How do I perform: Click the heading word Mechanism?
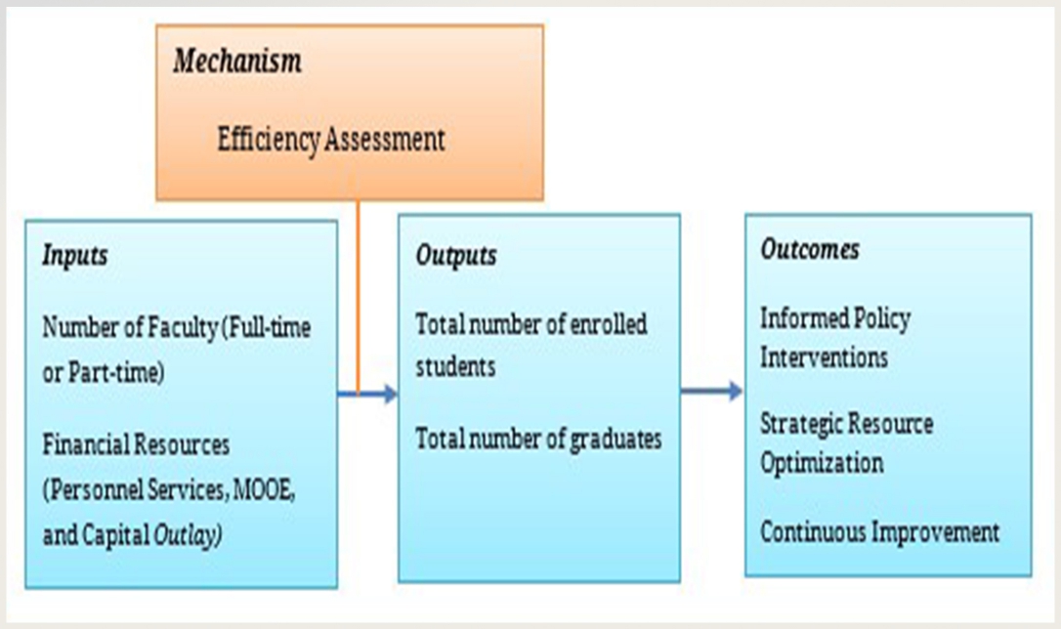coord(237,61)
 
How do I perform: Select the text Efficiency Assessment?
coord(331,140)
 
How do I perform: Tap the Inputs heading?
coord(75,256)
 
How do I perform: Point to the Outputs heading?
coord(456,256)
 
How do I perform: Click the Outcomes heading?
coord(810,249)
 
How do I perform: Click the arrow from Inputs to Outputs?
coord(366,394)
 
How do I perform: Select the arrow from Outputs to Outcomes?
coord(712,391)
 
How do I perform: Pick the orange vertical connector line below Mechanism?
coord(358,297)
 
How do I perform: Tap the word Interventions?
coord(824,357)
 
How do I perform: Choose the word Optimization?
coord(822,464)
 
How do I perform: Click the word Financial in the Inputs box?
coord(85,445)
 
